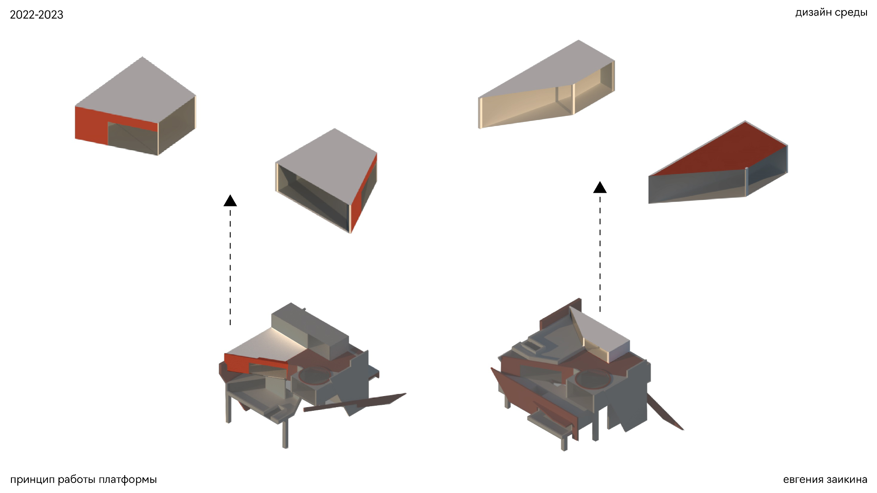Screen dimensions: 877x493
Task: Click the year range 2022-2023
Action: tap(37, 15)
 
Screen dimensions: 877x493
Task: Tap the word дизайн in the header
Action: tap(814, 13)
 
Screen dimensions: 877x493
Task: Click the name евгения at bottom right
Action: tap(803, 480)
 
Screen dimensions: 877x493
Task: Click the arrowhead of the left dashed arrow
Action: tap(230, 200)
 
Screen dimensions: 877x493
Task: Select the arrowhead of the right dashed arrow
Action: tap(600, 187)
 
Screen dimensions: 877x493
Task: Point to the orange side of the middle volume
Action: tap(364, 192)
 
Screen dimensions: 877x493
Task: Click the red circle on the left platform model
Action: tap(314, 375)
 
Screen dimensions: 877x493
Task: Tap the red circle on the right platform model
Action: tap(592, 379)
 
